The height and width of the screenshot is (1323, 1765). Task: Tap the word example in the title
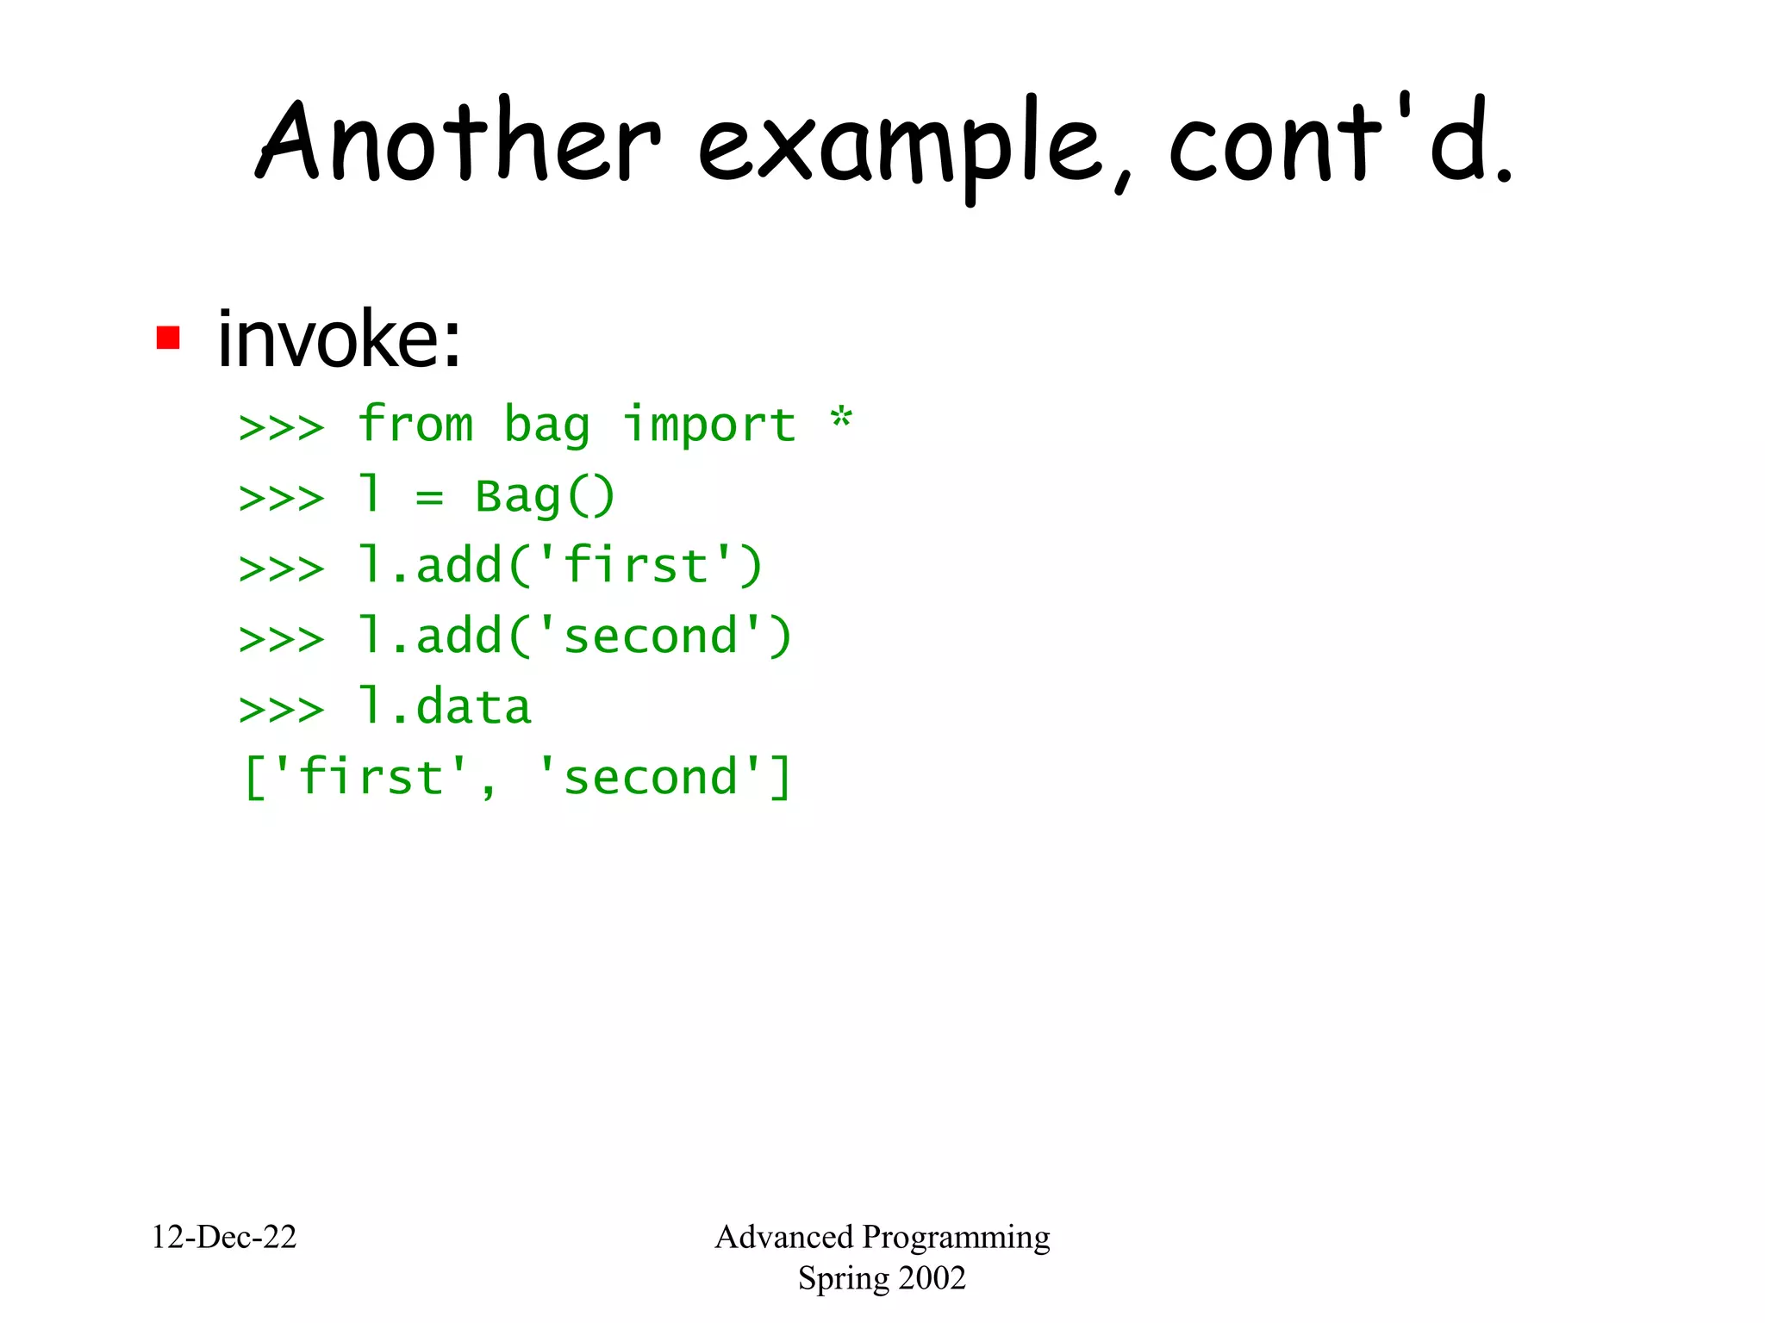pos(901,146)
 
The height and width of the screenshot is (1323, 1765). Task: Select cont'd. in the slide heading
pos(1340,142)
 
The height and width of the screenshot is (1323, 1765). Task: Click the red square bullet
pos(167,338)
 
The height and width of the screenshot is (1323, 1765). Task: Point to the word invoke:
pos(339,339)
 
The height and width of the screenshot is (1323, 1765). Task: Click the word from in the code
pos(415,425)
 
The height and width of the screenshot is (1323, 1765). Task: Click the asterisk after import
pos(840,421)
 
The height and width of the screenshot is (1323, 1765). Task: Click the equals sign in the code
pos(429,498)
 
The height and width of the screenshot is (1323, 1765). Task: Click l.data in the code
pos(445,707)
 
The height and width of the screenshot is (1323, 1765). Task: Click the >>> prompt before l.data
pos(282,710)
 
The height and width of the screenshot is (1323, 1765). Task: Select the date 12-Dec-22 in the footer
pos(223,1237)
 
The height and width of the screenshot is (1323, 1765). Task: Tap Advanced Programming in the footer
pos(882,1237)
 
